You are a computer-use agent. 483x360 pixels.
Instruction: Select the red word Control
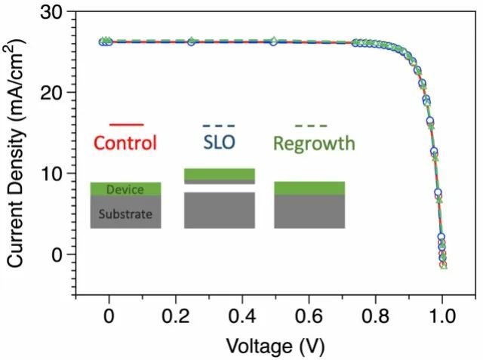[x=125, y=143]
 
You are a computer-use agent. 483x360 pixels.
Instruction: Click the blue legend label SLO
[x=220, y=143]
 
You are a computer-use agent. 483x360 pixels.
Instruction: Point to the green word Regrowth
[x=313, y=143]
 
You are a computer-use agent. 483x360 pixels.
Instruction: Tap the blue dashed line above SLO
[x=220, y=125]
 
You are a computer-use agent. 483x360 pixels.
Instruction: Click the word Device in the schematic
[x=124, y=189]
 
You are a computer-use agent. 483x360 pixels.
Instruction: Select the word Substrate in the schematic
[x=125, y=214]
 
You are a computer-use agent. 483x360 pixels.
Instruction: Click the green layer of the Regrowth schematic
[x=309, y=188]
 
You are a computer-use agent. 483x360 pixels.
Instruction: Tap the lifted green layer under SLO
[x=220, y=174]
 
